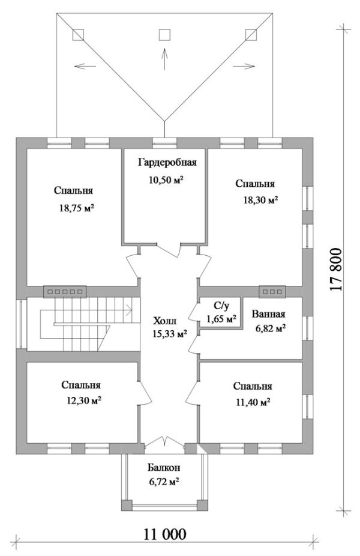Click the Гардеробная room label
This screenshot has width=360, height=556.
pos(167,163)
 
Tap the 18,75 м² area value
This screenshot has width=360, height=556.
pos(77,208)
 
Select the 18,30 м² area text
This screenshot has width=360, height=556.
pos(260,201)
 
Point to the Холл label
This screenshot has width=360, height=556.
pos(164,321)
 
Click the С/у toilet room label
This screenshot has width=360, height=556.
pos(221,306)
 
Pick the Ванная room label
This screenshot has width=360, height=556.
pos(269,314)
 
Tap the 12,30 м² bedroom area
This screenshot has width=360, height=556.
pos(84,401)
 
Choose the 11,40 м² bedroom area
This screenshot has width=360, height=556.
pos(253,402)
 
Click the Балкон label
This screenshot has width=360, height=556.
pos(164,468)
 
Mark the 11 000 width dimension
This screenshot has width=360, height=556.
pos(164,534)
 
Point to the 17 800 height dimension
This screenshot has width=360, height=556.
pos(336,269)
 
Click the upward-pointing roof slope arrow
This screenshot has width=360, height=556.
pos(164,58)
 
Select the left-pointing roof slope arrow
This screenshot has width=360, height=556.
pos(85,66)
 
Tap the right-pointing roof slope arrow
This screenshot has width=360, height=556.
pos(244,66)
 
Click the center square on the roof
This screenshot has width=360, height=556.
pos(164,35)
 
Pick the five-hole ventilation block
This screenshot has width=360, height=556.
pos(65,291)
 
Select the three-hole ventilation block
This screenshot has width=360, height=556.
pos(272,291)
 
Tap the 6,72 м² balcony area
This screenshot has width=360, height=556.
pos(163,482)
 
